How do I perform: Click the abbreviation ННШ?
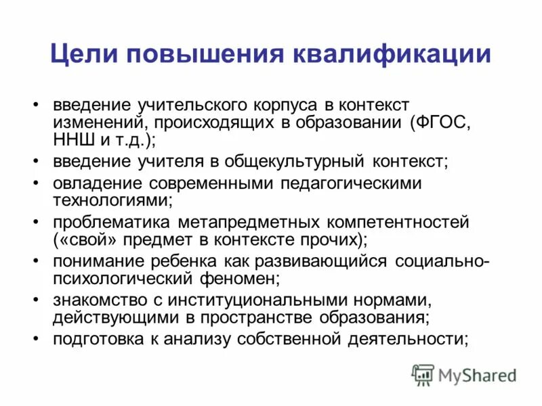pyautogui.click(x=72, y=141)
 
